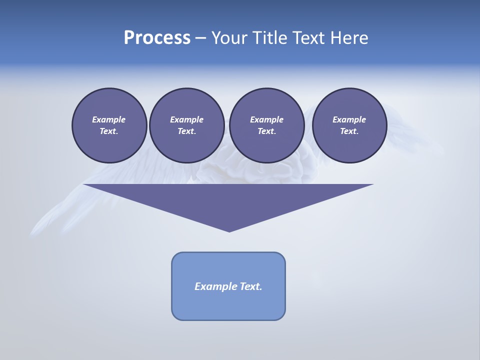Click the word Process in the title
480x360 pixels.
click(x=157, y=38)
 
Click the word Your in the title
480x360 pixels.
click(x=229, y=38)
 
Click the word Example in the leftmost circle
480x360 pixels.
click(x=109, y=119)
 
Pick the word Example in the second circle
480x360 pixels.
click(x=186, y=119)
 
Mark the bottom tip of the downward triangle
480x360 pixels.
click(x=229, y=231)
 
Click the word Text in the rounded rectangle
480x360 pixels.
click(x=250, y=286)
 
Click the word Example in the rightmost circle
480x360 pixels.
click(x=349, y=119)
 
